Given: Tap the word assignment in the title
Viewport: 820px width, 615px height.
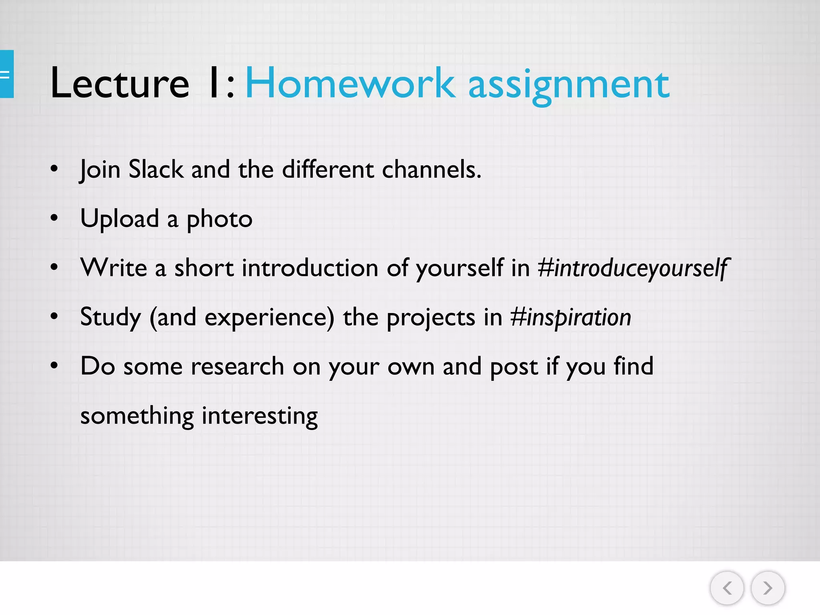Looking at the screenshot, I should [569, 85].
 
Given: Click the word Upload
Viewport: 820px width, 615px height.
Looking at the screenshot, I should [120, 219].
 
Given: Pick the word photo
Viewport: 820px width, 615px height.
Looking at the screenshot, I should [219, 220].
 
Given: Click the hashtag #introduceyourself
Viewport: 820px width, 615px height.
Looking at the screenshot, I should [633, 268].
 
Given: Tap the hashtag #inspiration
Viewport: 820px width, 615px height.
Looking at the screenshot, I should [571, 318].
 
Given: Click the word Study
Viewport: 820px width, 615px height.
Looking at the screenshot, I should [111, 318].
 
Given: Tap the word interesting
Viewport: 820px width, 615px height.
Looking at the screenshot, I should [259, 416].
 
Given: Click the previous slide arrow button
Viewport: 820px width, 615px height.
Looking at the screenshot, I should [727, 588].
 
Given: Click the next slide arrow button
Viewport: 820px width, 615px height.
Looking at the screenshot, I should [768, 588].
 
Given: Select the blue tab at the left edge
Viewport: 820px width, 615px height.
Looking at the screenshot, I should [6, 74].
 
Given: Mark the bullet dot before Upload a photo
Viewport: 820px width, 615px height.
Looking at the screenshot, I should [54, 219].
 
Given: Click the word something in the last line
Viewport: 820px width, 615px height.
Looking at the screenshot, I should [137, 416].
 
